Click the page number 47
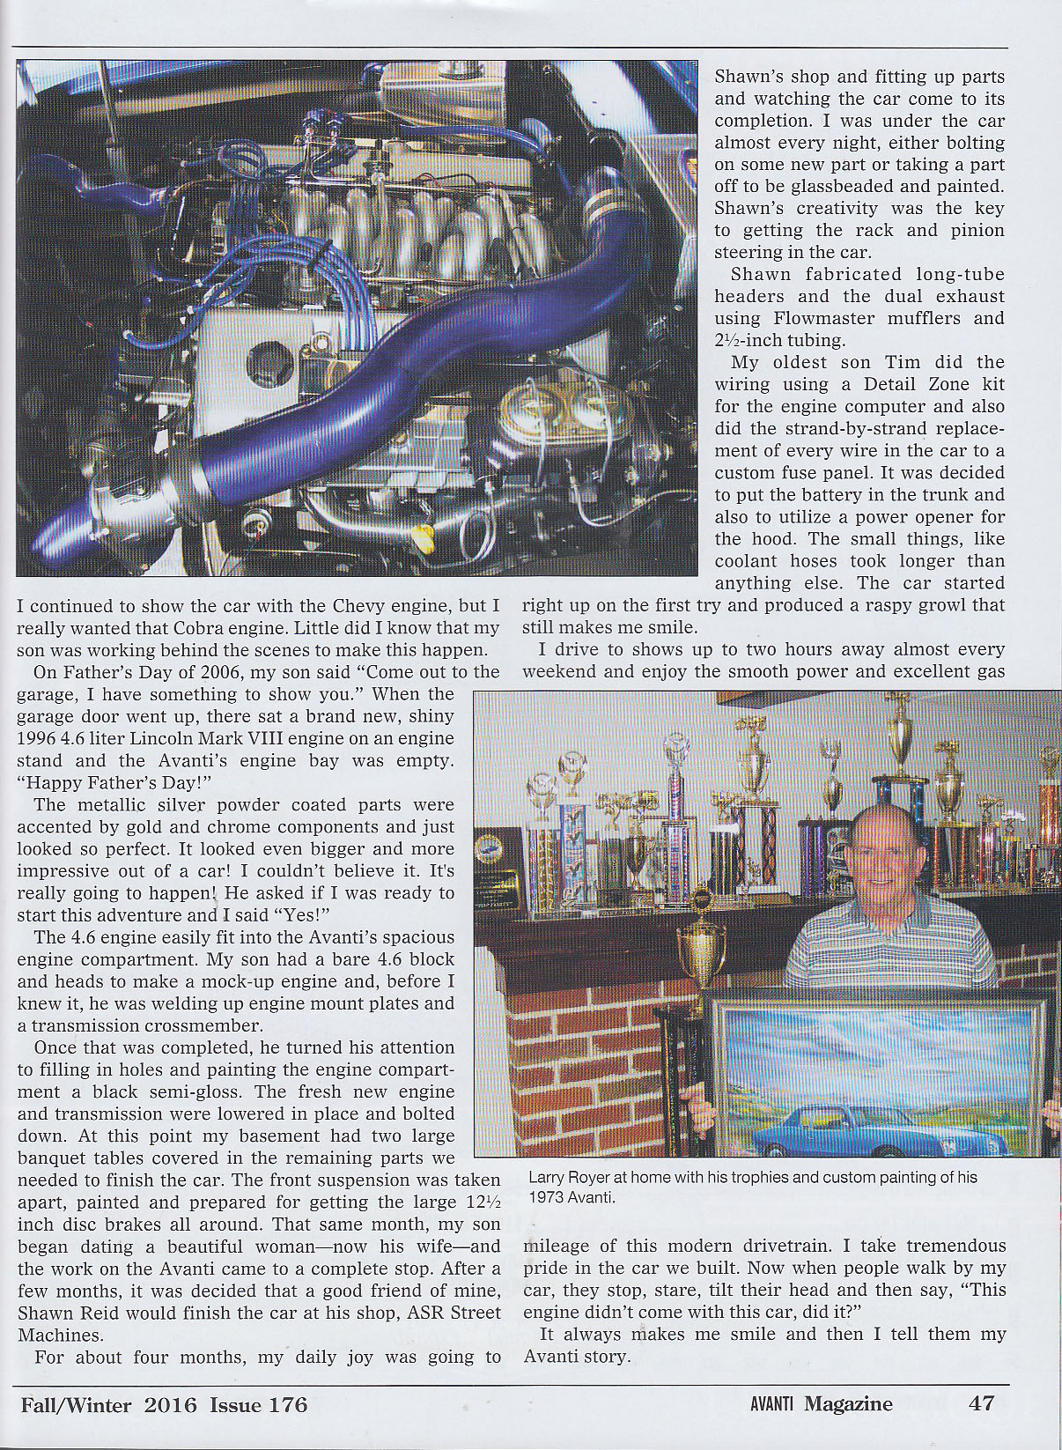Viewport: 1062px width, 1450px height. tap(981, 1403)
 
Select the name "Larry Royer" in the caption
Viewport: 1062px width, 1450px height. tap(570, 1178)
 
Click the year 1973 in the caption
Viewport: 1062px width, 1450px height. tap(546, 1198)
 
